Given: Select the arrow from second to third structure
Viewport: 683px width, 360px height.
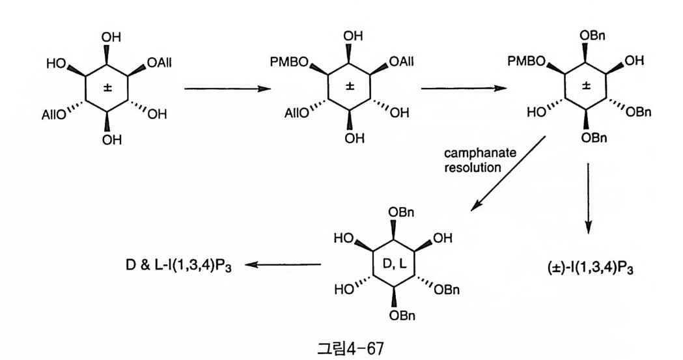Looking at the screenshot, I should pos(463,88).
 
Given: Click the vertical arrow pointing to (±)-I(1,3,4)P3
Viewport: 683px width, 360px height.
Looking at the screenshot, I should pos(589,198).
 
